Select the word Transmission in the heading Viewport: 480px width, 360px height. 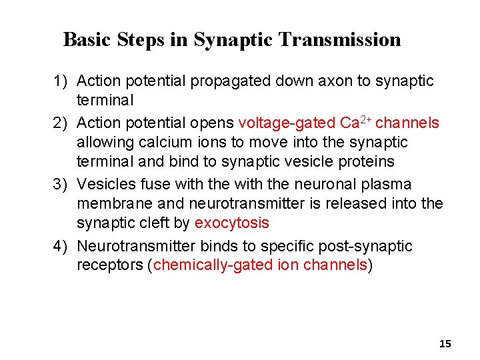pyautogui.click(x=340, y=40)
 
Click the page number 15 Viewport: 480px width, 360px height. pyautogui.click(x=445, y=344)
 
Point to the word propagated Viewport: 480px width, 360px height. pyautogui.click(x=227, y=81)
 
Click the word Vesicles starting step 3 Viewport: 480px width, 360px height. pyautogui.click(x=105, y=184)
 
